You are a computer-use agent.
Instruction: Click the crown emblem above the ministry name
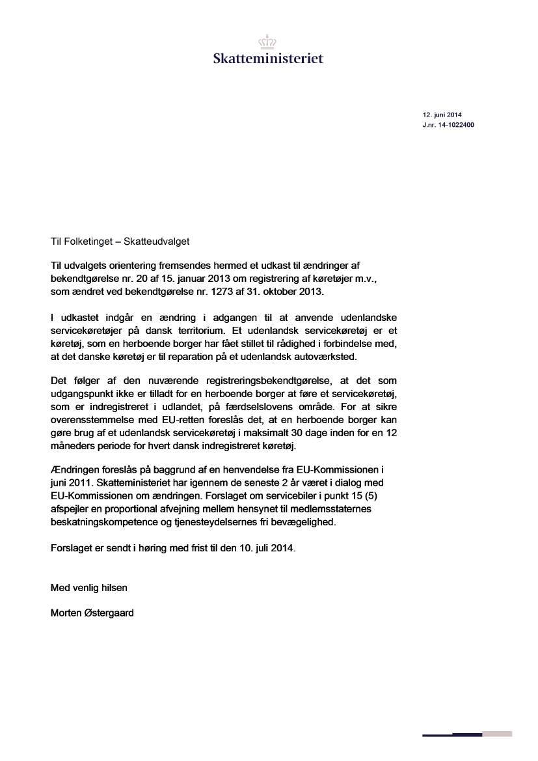coord(268,42)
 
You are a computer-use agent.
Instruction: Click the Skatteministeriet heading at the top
coord(268,59)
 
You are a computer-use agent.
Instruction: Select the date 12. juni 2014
coord(442,115)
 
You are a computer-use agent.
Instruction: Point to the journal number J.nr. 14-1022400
coord(448,124)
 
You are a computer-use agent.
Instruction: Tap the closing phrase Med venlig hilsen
coord(89,587)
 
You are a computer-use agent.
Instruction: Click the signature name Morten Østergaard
coord(92,613)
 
